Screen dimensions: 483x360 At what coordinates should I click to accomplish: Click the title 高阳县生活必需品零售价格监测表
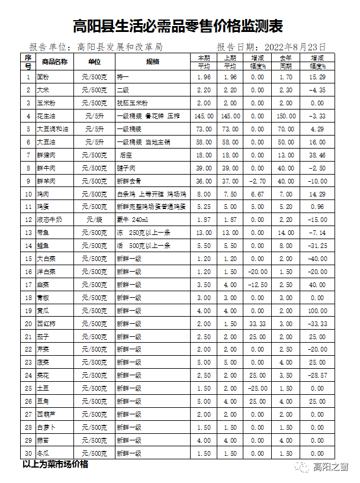point(178,26)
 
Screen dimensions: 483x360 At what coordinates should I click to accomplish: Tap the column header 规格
point(153,62)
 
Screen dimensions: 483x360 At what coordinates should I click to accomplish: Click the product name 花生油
point(47,116)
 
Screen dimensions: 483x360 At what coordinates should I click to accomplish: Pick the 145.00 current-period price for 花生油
point(203,116)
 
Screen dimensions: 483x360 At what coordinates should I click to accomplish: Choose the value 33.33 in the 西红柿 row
point(258,324)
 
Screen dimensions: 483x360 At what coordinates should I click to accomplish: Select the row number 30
point(28,453)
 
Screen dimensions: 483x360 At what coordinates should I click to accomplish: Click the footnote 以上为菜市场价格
point(55,465)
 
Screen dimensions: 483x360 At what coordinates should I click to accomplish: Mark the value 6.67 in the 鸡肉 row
point(258,194)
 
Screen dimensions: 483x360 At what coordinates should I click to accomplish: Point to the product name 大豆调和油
point(53,129)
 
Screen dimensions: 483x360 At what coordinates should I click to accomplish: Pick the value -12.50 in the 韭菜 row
point(258,285)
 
